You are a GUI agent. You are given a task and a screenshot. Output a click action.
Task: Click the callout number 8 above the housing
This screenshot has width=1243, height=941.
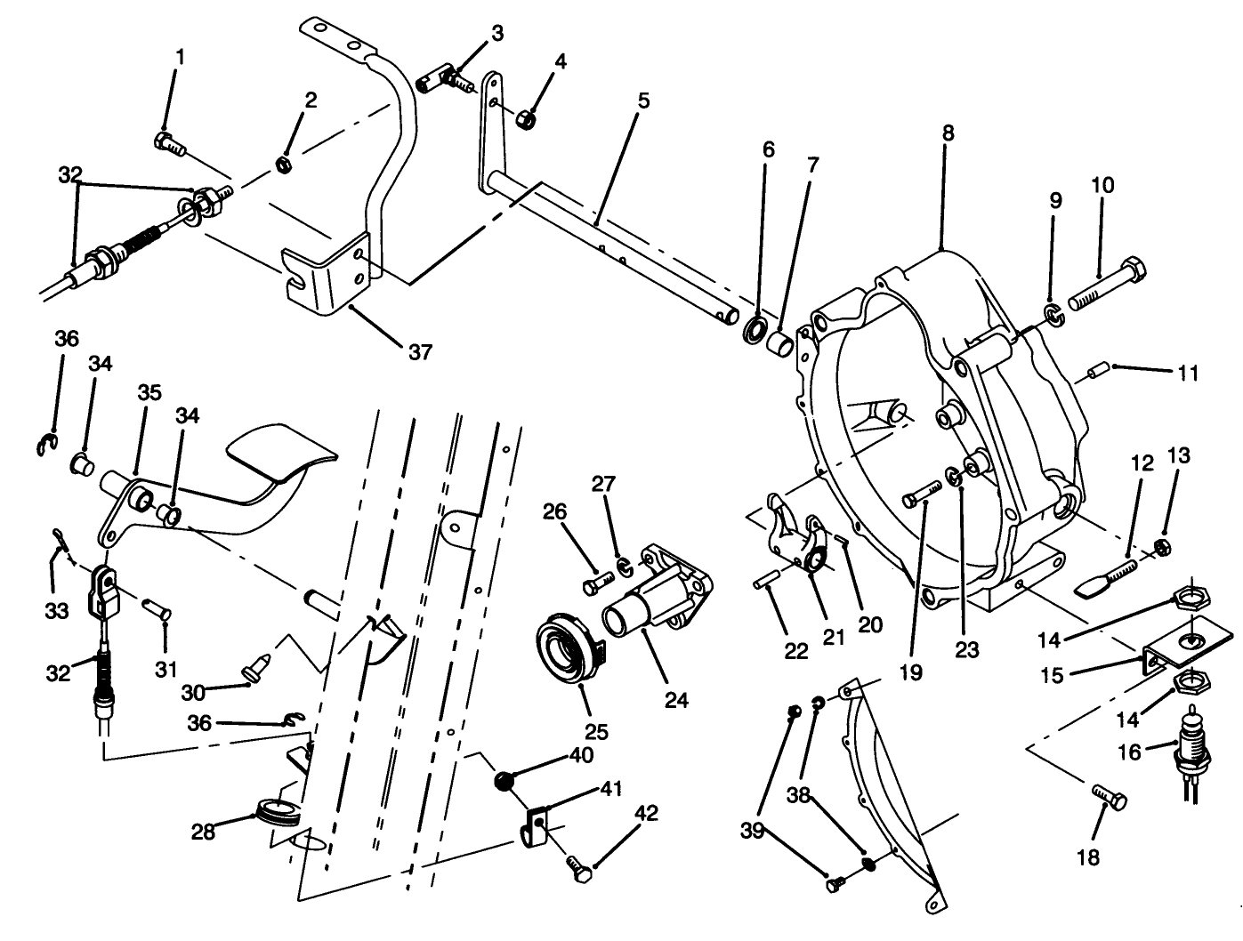pos(948,133)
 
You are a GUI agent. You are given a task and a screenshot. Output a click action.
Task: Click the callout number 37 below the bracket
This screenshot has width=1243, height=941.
pos(420,352)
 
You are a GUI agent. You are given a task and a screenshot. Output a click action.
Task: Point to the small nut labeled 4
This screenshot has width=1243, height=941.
pos(526,118)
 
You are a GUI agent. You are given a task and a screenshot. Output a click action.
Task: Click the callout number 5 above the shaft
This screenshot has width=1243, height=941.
pos(643,101)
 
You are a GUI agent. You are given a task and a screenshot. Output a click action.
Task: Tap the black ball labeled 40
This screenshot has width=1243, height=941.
pos(504,781)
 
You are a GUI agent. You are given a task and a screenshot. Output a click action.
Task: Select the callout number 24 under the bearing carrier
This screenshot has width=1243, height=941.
pos(676,700)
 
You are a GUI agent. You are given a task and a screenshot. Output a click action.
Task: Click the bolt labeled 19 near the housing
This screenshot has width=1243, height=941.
pos(923,493)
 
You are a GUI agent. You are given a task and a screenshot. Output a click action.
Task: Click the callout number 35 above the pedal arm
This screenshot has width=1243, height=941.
pos(149,393)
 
